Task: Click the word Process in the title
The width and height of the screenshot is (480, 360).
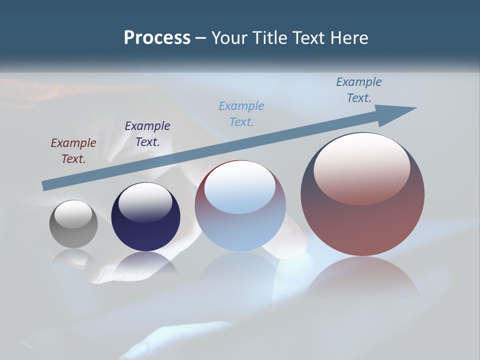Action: pyautogui.click(x=157, y=38)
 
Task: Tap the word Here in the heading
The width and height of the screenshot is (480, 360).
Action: pyautogui.click(x=348, y=38)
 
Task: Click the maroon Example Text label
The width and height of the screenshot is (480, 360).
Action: pyautogui.click(x=73, y=151)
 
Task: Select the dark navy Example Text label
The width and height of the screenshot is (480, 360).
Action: pyautogui.click(x=147, y=134)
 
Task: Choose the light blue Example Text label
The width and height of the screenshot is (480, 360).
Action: pyautogui.click(x=241, y=114)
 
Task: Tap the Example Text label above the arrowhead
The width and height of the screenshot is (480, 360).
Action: pyautogui.click(x=359, y=90)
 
